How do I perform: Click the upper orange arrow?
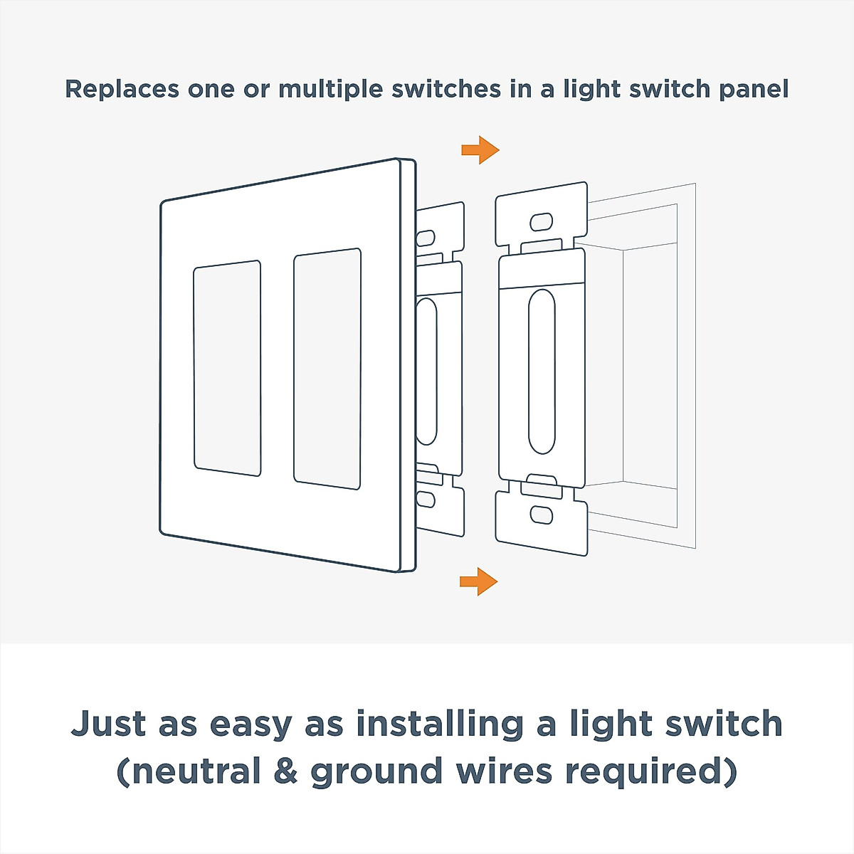480,150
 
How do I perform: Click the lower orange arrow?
479,581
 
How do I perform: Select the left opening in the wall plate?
227,368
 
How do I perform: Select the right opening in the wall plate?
327,369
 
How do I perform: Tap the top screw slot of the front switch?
541,222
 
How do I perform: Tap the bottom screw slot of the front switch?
542,515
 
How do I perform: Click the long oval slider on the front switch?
542,371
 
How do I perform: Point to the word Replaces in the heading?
122,89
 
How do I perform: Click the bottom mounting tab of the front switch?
542,523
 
